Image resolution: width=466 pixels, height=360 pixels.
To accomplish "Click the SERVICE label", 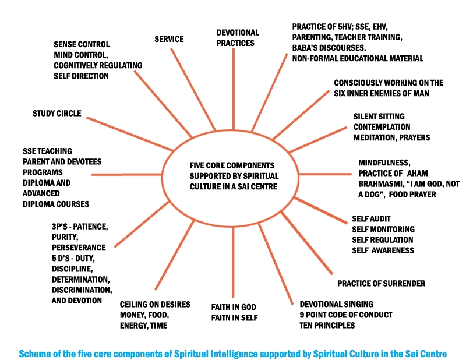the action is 169,39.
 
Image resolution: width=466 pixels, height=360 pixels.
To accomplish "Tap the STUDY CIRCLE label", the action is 57,113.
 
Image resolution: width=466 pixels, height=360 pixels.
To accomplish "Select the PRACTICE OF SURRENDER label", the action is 381,283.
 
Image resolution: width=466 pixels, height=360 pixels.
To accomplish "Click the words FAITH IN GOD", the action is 234,307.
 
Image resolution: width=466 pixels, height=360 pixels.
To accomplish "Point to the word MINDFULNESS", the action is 384,163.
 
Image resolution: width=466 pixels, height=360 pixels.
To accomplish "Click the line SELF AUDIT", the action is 371,219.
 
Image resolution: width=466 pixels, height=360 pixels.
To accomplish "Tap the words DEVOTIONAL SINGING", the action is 337,304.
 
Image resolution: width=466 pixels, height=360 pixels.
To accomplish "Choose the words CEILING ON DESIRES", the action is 155,305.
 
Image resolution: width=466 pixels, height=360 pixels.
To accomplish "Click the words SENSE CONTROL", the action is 82,44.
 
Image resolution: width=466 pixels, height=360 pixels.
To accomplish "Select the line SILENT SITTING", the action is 379,117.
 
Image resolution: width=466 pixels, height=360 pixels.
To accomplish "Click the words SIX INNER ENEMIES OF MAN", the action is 381,93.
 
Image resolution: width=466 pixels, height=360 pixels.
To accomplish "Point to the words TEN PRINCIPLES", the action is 327,325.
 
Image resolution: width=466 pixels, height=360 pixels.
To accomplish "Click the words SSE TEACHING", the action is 47,151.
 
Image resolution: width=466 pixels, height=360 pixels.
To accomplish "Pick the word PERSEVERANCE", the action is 79,248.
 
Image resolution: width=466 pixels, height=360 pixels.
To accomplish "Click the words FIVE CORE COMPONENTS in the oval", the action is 232,165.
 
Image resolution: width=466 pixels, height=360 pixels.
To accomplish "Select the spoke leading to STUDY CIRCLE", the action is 130,134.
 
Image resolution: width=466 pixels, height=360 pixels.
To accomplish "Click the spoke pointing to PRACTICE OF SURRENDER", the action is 307,243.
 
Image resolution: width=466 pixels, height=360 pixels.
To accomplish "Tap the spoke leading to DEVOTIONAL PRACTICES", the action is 234,89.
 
